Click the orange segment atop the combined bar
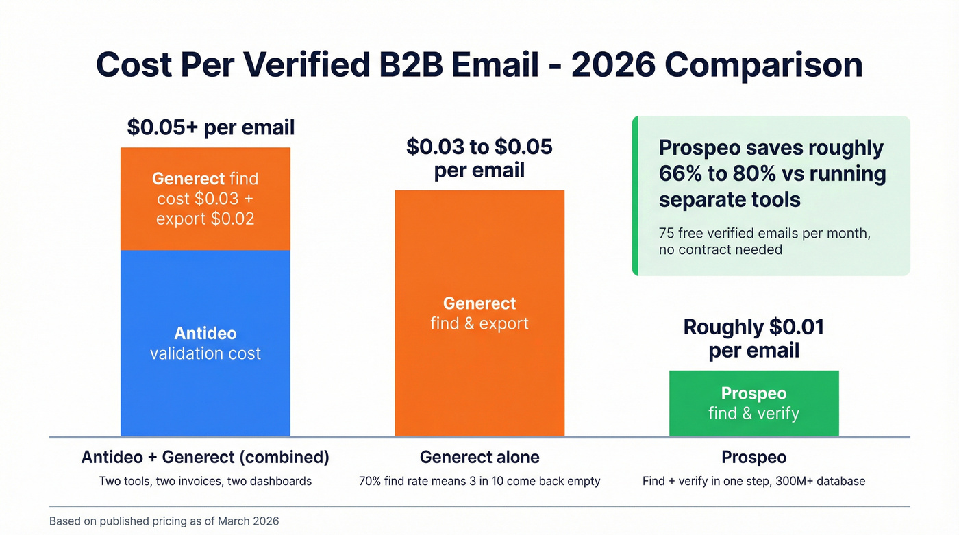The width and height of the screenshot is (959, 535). (x=206, y=199)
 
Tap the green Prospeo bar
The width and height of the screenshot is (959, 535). (x=754, y=403)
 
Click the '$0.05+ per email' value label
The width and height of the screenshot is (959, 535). (x=211, y=127)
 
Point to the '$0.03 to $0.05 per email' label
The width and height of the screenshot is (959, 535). (x=480, y=158)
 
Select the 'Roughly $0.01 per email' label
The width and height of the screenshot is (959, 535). (x=754, y=338)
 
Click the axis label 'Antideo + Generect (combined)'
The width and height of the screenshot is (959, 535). (x=206, y=457)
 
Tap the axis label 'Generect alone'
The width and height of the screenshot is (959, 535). (x=480, y=457)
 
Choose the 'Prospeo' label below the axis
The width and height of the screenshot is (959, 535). (x=754, y=457)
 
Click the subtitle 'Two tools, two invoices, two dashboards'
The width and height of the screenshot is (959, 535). (x=206, y=481)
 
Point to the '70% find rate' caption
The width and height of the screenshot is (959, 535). (x=480, y=481)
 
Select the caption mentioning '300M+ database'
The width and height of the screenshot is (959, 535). (x=754, y=481)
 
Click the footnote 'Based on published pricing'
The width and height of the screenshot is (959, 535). (x=164, y=521)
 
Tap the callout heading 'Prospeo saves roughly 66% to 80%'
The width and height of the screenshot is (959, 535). (x=772, y=174)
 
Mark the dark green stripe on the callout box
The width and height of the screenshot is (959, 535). (x=635, y=196)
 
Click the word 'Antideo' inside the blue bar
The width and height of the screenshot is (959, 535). (x=206, y=334)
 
